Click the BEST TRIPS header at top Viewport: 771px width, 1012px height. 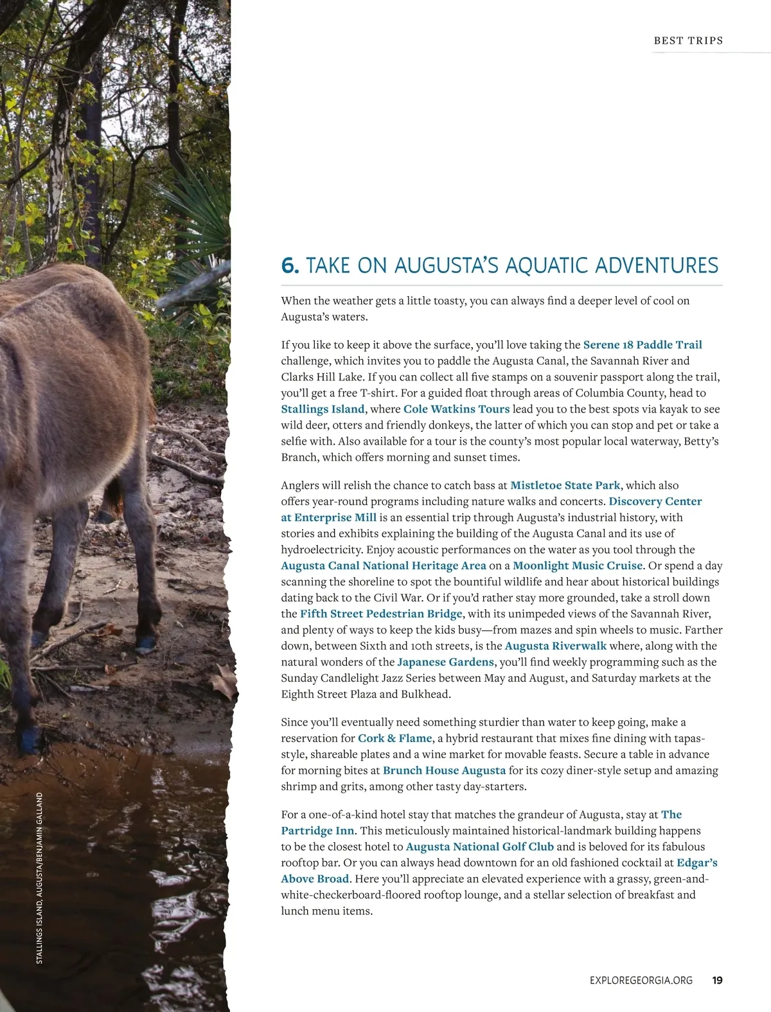[688, 40]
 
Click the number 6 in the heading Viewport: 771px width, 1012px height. [289, 265]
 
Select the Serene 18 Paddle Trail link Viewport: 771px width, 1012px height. [642, 345]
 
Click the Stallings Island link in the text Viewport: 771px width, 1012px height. [323, 409]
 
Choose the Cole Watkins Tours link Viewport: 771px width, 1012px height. [456, 409]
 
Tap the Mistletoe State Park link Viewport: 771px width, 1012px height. [565, 486]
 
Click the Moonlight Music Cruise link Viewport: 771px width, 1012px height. [577, 566]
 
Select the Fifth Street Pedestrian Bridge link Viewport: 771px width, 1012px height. [381, 614]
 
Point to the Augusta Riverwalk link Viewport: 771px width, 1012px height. [555, 646]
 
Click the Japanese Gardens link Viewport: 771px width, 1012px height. [445, 662]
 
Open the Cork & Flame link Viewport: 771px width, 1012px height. [394, 739]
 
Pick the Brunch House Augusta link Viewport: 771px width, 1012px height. [444, 770]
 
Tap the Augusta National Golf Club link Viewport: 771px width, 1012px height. [479, 847]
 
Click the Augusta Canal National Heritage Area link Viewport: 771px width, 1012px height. [383, 566]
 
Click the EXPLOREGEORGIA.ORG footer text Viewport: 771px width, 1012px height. [641, 981]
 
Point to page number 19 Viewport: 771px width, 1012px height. [717, 981]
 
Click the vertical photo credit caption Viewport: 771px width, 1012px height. [39, 877]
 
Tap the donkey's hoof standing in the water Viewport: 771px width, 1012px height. [29, 739]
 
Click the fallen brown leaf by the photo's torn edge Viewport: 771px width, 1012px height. [224, 682]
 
